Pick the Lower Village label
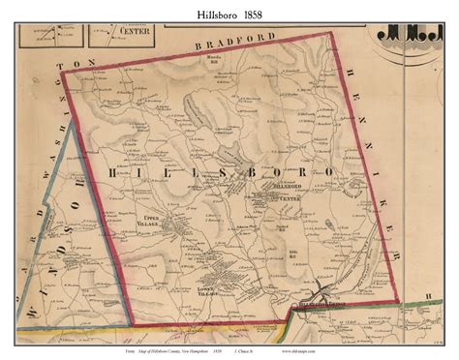coord(220,293)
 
